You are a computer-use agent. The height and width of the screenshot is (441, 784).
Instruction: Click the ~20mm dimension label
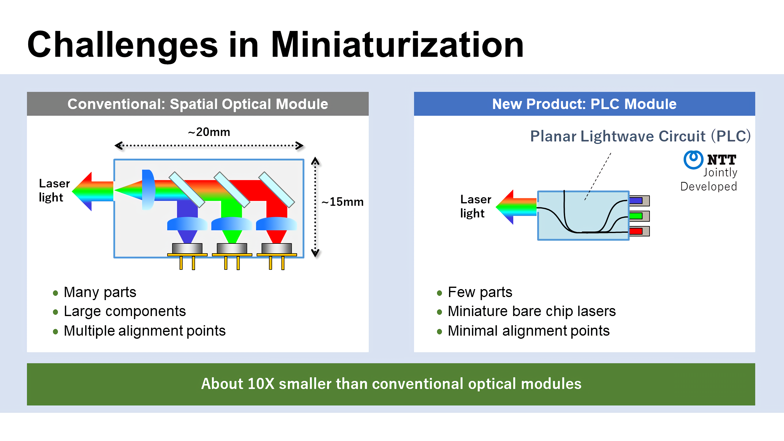point(209,132)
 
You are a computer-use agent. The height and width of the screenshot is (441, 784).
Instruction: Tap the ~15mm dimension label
point(342,202)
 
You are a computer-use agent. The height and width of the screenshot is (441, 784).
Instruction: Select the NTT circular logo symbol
point(693,160)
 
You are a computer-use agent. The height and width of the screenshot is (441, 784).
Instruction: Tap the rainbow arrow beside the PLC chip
point(516,207)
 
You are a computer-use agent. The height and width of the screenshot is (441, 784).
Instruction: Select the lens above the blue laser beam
point(187,224)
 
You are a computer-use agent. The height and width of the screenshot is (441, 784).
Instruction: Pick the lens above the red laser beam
point(276,224)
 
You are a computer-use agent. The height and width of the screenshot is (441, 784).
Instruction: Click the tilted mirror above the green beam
point(232,190)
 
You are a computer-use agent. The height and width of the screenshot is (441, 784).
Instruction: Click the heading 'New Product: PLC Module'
point(584,104)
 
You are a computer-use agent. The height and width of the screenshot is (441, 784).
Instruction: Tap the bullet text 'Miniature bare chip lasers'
point(532,311)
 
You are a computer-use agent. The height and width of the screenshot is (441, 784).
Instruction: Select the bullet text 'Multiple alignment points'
point(145,331)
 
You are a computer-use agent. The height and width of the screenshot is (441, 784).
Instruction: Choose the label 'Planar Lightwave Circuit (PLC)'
point(640,136)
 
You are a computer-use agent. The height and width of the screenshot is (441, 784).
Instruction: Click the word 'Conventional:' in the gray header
point(116,104)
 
